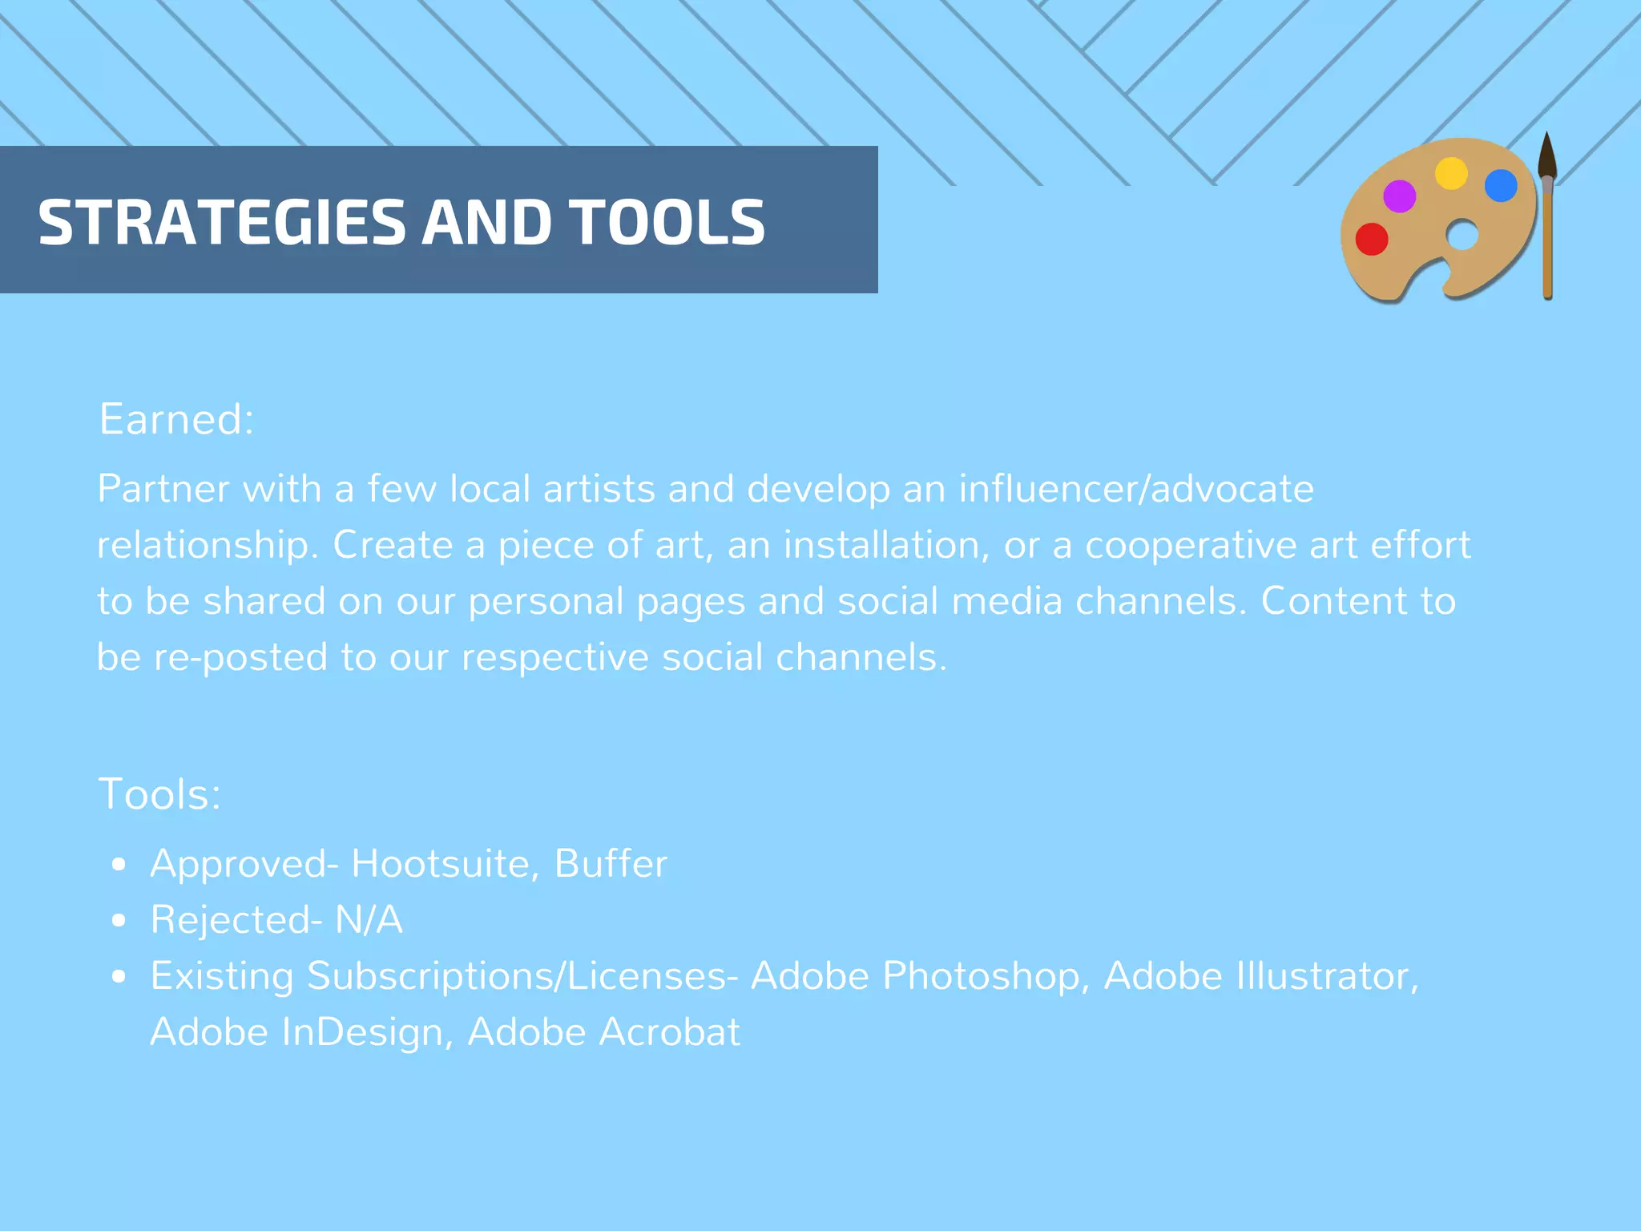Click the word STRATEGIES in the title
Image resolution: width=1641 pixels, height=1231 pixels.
pyautogui.click(x=222, y=222)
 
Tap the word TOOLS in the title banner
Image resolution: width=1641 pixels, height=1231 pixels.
pyautogui.click(x=667, y=222)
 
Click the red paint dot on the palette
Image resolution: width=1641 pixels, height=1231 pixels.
pyautogui.click(x=1372, y=239)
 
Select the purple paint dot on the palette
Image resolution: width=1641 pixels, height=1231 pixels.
pyautogui.click(x=1400, y=196)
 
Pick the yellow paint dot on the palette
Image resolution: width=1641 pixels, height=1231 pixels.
pyautogui.click(x=1451, y=173)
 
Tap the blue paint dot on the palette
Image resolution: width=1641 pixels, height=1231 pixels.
pyautogui.click(x=1501, y=186)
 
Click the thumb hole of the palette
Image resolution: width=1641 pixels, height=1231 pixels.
pyautogui.click(x=1462, y=236)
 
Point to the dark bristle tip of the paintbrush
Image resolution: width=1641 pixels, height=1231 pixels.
pyautogui.click(x=1547, y=156)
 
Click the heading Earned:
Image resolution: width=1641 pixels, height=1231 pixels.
pyautogui.click(x=176, y=419)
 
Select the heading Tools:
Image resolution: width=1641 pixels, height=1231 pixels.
pyautogui.click(x=159, y=794)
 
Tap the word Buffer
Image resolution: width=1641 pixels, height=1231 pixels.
pyautogui.click(x=611, y=864)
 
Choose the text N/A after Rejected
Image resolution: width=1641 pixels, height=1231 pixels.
pyautogui.click(x=369, y=920)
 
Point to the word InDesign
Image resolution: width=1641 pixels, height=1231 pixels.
pyautogui.click(x=362, y=1032)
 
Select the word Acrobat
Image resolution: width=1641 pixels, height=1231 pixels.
pyautogui.click(x=670, y=1032)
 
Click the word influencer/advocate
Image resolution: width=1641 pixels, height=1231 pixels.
pyautogui.click(x=1136, y=489)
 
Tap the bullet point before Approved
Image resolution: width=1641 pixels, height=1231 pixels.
pyautogui.click(x=119, y=865)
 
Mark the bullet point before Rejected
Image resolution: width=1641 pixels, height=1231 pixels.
pyautogui.click(x=119, y=921)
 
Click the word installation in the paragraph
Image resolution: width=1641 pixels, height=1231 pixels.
pyautogui.click(x=881, y=545)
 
